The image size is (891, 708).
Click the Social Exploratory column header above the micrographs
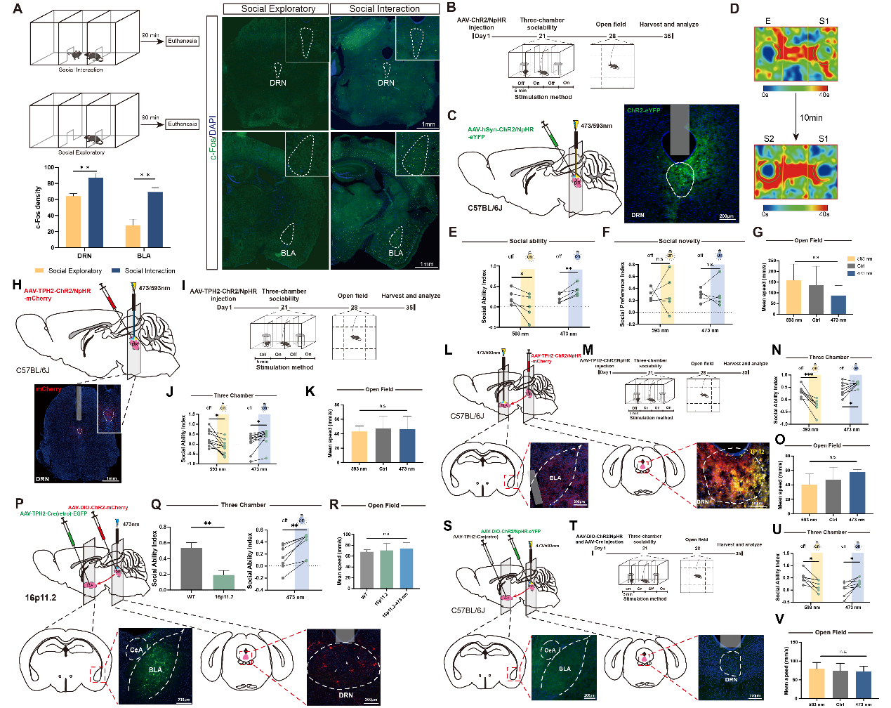click(278, 9)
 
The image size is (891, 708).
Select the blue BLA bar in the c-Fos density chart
click(155, 219)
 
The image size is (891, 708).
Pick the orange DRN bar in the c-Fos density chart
click(73, 221)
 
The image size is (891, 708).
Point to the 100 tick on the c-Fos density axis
click(48, 167)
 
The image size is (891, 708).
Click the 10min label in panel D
click(811, 118)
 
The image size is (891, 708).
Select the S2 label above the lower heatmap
click(768, 139)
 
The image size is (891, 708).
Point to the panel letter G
click(758, 232)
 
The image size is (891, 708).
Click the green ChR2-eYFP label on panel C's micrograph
click(643, 110)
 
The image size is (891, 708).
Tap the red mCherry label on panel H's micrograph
click(48, 388)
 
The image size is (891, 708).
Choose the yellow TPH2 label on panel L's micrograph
click(757, 452)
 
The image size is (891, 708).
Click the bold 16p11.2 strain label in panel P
click(41, 598)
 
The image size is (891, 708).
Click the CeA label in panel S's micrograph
click(550, 650)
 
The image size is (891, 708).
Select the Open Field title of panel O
click(827, 445)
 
